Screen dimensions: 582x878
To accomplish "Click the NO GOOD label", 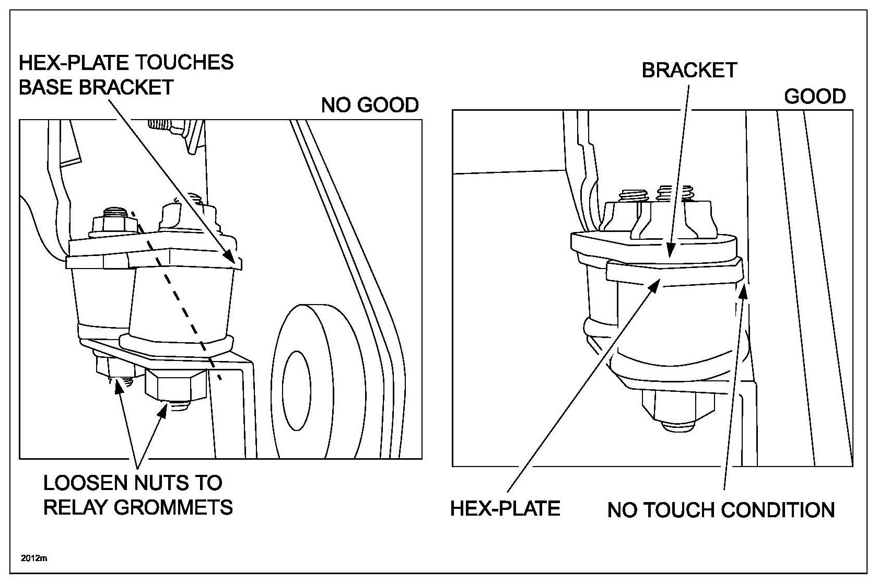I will point(370,105).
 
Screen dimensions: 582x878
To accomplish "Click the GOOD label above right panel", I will point(815,97).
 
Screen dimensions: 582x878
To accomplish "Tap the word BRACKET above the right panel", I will point(689,70).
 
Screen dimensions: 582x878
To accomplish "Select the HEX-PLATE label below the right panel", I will point(505,508).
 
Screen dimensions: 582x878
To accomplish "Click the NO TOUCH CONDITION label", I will point(721,510).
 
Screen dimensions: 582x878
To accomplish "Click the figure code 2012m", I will point(34,558).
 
